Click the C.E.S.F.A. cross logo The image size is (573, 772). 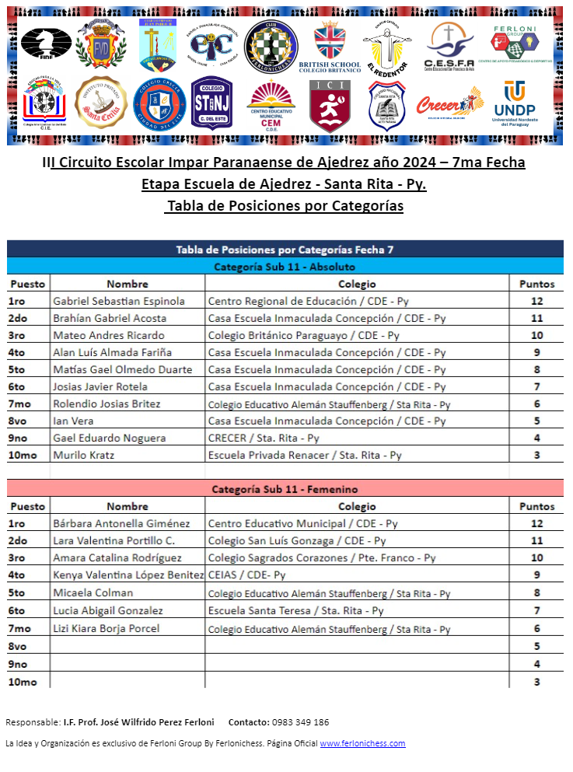pos(449,44)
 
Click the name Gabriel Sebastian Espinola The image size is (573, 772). pos(119,301)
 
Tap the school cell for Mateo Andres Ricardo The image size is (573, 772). pos(303,335)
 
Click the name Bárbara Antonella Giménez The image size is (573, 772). pos(121,523)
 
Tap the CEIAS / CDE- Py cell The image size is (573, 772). pos(246,575)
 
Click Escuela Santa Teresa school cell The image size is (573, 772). pos(295,610)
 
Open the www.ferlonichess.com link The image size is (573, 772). pos(362,743)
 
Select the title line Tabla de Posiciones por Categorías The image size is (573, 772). pos(285,207)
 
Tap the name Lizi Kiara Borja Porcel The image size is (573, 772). pos(107,628)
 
